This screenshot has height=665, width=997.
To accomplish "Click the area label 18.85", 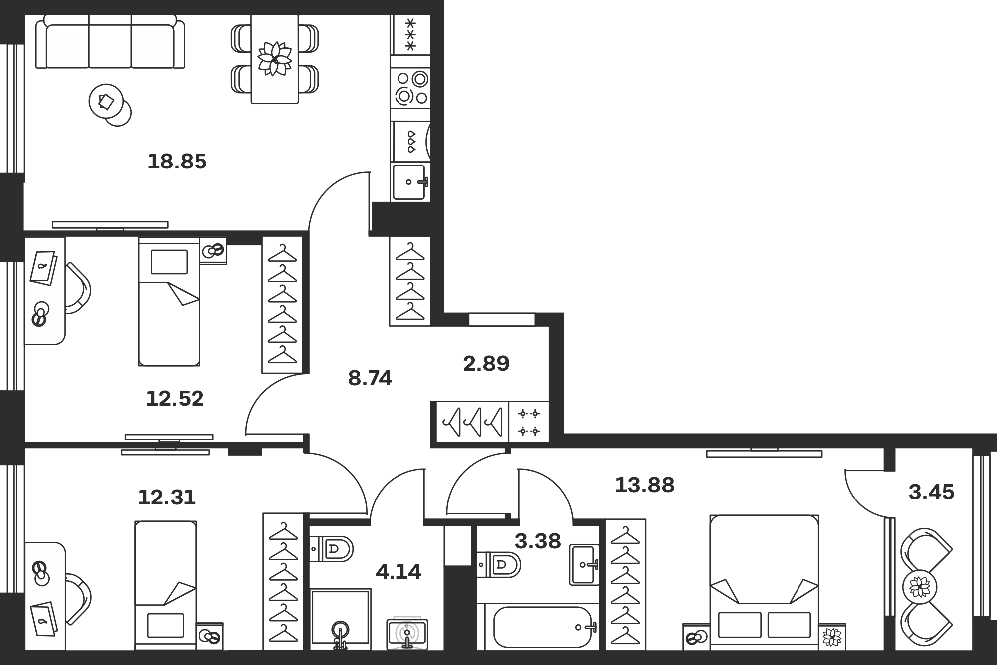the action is (x=177, y=162).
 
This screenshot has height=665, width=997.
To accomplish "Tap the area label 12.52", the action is (x=175, y=399).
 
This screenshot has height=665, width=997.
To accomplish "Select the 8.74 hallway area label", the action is (x=370, y=378).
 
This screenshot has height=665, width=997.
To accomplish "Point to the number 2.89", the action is (x=486, y=364).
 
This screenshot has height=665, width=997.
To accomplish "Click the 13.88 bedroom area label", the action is (x=644, y=485).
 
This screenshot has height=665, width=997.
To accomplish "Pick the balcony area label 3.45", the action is (x=931, y=492).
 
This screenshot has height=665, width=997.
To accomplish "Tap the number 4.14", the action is (x=398, y=572).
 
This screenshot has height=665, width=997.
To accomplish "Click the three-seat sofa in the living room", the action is (x=110, y=41).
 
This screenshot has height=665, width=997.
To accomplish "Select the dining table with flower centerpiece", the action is (x=275, y=59).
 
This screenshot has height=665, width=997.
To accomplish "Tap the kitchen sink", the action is (x=410, y=182).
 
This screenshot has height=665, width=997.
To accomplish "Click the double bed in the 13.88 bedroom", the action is (x=764, y=582).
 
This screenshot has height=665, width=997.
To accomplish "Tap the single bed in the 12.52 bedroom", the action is (x=169, y=302).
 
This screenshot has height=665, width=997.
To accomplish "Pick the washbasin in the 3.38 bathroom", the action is (x=585, y=565).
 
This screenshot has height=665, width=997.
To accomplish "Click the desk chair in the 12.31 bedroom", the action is (x=79, y=599).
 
